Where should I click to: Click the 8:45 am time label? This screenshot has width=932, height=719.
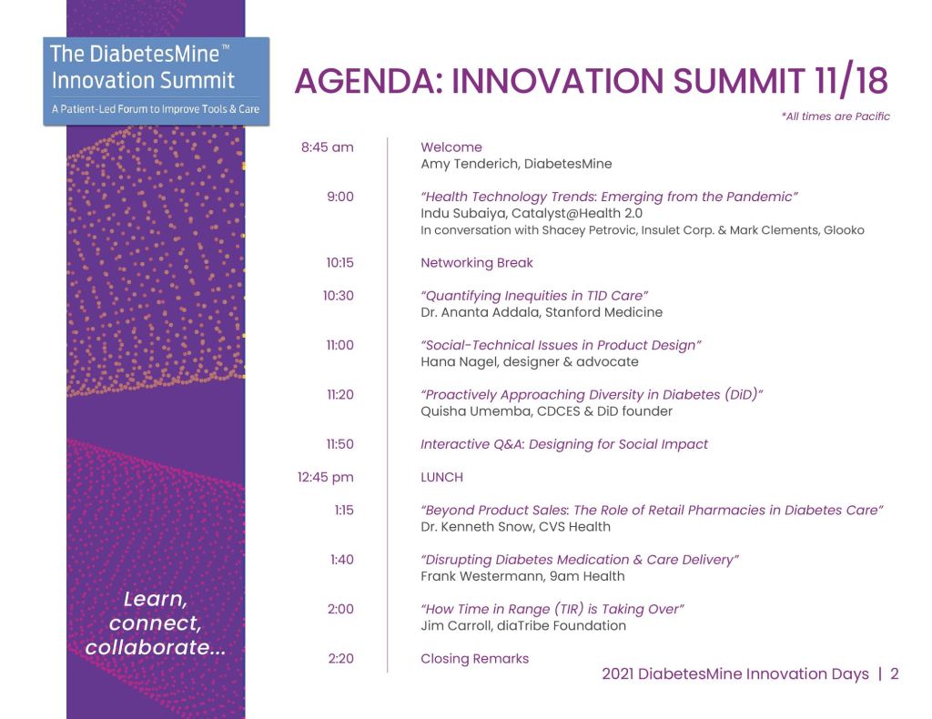pyautogui.click(x=327, y=147)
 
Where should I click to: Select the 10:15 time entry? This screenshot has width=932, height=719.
pyautogui.click(x=340, y=263)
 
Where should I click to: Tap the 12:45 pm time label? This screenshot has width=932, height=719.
pyautogui.click(x=325, y=477)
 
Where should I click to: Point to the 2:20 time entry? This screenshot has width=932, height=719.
pyautogui.click(x=340, y=658)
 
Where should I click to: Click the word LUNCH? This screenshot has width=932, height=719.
pyautogui.click(x=441, y=477)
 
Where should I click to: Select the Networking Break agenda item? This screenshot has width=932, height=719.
pyautogui.click(x=477, y=263)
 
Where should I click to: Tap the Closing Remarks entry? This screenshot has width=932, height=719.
pyautogui.click(x=475, y=658)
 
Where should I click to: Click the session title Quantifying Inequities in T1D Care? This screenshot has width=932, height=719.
pyautogui.click(x=534, y=296)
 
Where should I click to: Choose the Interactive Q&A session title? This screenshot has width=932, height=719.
pyautogui.click(x=564, y=444)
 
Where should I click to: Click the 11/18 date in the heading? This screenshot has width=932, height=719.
pyautogui.click(x=851, y=80)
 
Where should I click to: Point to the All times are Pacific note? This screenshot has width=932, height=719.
pyautogui.click(x=836, y=116)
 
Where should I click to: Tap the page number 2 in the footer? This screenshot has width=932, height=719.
pyautogui.click(x=894, y=673)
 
